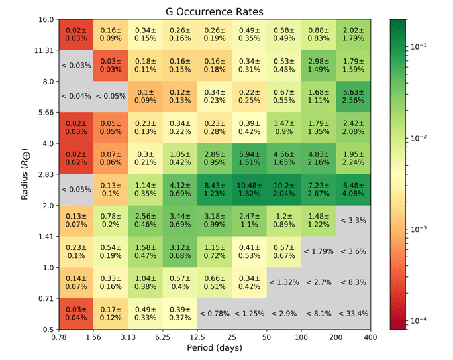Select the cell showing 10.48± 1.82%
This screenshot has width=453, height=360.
[249, 190]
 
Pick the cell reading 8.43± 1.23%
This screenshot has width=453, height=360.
[215, 190]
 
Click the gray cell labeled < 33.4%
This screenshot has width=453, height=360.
[352, 314]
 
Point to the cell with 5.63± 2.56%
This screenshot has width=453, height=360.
[352, 96]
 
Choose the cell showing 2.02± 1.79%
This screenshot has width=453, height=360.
[352, 34]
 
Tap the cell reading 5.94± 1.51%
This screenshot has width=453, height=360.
[249, 158]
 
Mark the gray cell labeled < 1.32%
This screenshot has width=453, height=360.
[283, 282]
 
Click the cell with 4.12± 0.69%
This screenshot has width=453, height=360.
[180, 190]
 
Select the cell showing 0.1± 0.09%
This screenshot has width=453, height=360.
[146, 96]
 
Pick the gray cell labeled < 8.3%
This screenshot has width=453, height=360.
[352, 282]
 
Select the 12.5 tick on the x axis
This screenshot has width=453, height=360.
[197, 337]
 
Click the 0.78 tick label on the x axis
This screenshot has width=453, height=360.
[60, 337]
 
